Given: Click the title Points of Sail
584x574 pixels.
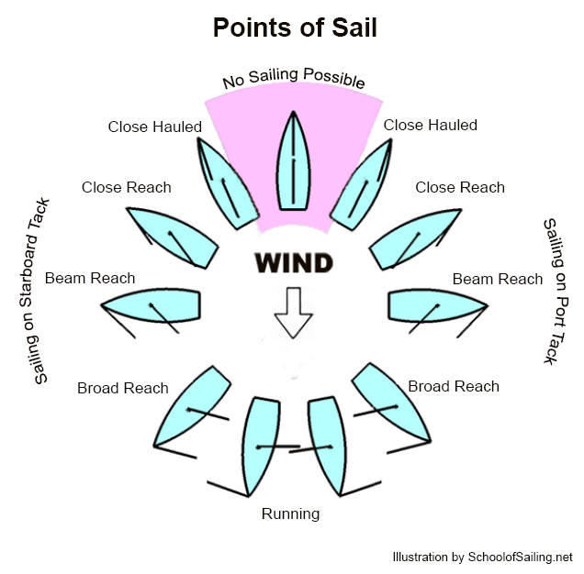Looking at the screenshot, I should click(x=294, y=28).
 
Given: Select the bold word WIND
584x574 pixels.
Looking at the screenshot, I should click(x=293, y=264).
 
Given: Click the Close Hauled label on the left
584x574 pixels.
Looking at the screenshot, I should click(x=154, y=127).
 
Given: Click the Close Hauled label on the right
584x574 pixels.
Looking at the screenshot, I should click(x=430, y=125).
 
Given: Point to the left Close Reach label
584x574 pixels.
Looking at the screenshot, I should click(x=126, y=187).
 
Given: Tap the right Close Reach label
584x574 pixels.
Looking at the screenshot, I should click(x=460, y=187).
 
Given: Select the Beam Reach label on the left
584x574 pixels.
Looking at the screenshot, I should click(x=89, y=278).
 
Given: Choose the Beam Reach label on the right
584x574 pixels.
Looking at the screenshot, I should click(x=498, y=279).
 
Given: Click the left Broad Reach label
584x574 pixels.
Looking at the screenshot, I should click(x=122, y=388).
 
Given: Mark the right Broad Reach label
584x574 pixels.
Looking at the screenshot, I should click(x=454, y=386).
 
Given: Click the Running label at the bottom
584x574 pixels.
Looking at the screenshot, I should click(x=290, y=513).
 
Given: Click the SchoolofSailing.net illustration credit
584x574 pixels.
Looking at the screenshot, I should click(x=482, y=557).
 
